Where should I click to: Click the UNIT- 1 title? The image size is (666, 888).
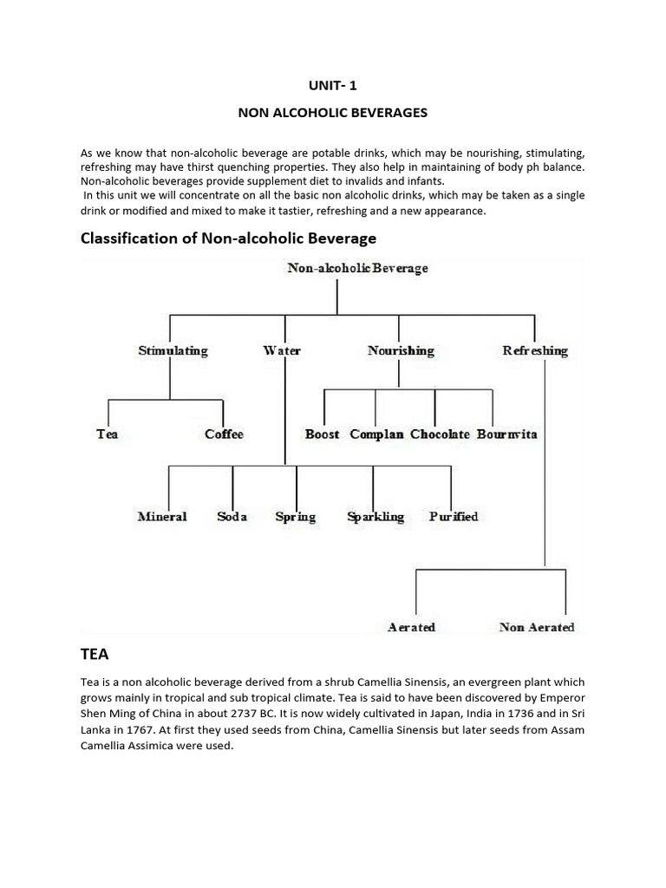tap(334, 86)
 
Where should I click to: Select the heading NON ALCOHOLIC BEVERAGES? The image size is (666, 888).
tap(333, 114)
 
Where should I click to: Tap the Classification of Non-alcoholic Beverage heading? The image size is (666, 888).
tap(228, 238)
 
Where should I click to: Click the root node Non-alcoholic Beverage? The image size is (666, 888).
tap(357, 268)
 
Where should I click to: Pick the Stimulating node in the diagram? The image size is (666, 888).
tap(173, 350)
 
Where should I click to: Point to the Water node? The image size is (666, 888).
tap(282, 350)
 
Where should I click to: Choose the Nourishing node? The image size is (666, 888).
tap(401, 350)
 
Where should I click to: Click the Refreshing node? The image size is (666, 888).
tap(535, 350)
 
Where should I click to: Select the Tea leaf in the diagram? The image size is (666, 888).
tap(107, 434)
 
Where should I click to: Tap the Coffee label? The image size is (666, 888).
tap(224, 434)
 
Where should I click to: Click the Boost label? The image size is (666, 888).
tap(323, 434)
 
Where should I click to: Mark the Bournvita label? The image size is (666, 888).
tap(506, 434)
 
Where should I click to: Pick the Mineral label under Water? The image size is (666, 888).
tap(162, 516)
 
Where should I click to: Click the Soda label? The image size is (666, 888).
tap(232, 516)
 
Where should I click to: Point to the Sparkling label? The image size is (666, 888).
tap(375, 516)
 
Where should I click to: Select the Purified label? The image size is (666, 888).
tap(454, 516)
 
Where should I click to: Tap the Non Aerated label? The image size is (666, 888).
tap(537, 626)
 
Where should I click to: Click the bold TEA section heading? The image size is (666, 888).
tap(97, 657)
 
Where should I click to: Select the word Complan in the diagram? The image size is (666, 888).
tap(376, 434)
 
